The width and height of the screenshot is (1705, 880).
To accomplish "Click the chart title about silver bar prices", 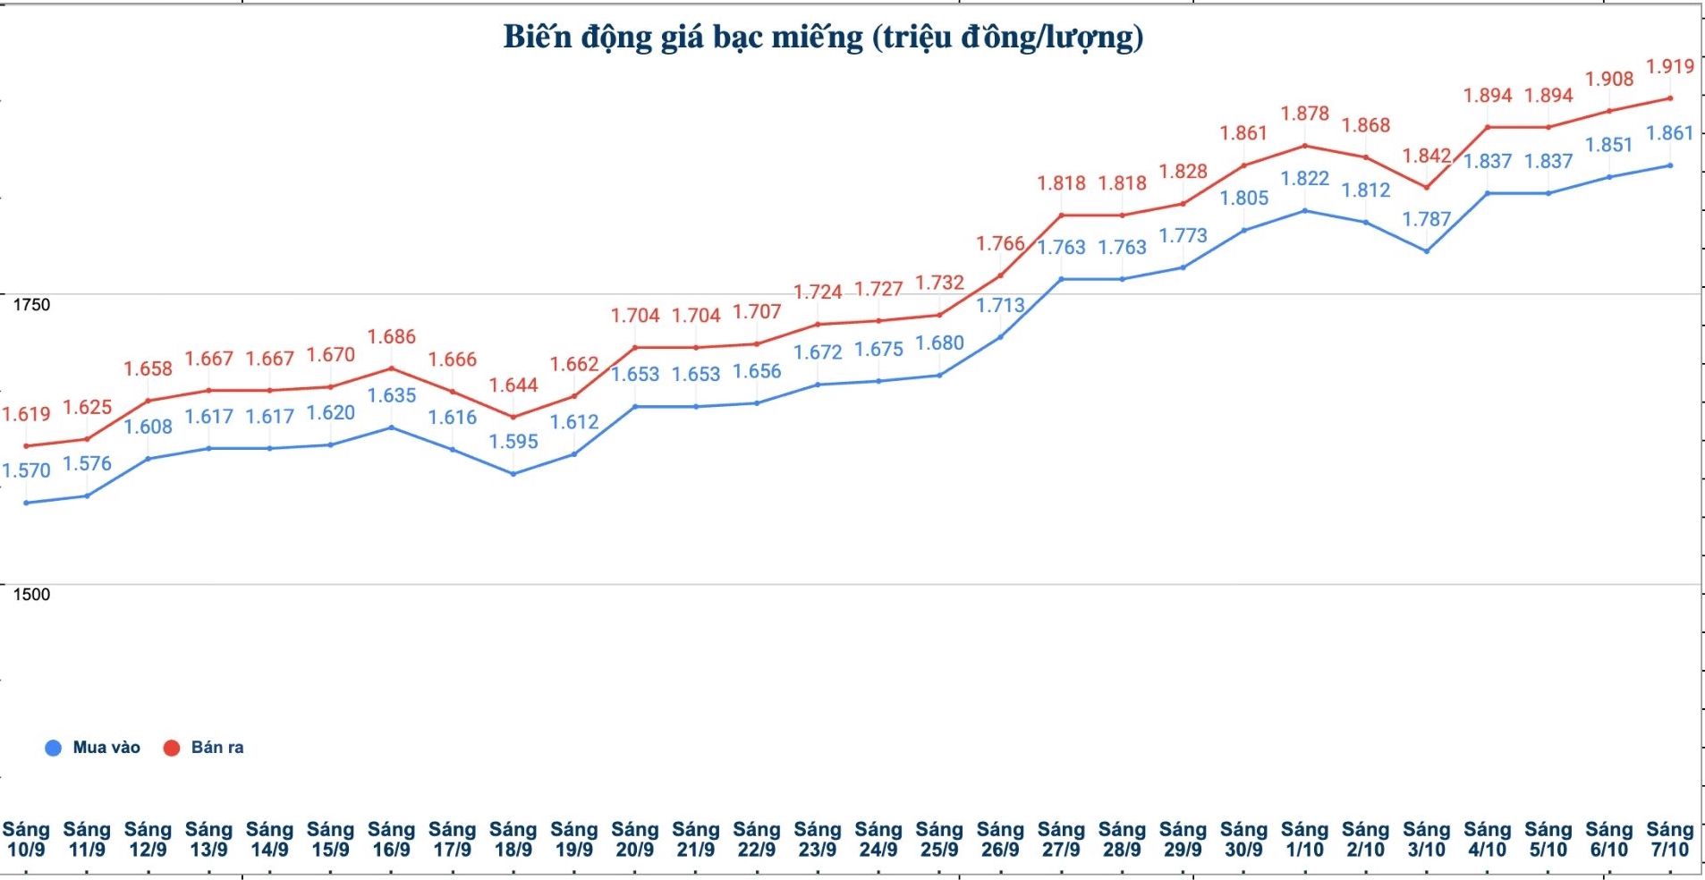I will pos(823,37).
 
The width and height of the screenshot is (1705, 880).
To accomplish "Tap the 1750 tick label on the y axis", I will pos(31,305).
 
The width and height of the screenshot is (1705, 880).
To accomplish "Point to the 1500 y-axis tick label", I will pos(31,595).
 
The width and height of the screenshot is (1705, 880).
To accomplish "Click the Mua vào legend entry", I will pos(93,748).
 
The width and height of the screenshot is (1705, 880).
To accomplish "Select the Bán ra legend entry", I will pos(204,748).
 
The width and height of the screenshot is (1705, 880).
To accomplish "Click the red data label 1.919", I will pos(1670,66).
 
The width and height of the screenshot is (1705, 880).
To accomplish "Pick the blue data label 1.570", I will pos(26,470).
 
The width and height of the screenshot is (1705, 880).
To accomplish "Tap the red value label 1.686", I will pos(392,337).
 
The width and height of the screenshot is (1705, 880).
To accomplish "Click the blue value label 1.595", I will pos(513,442).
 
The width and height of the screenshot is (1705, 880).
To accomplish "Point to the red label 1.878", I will pos(1305,114).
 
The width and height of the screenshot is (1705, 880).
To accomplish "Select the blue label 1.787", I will pos(1427,219).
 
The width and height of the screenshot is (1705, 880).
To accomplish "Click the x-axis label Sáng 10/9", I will pos(26,840).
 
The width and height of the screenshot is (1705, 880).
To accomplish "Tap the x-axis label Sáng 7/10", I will pos(1669,840).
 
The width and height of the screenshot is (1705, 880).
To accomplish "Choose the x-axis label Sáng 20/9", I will pos(635,840).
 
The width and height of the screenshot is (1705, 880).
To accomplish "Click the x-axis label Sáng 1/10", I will pos(1304,840).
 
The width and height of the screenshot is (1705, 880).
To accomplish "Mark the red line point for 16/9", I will pos(392,368).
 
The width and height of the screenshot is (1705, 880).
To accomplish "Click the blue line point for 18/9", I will pos(513,473).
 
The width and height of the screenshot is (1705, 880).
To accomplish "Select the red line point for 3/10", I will pos(1427,188).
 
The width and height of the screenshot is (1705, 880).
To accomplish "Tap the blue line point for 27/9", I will pos(1062,279).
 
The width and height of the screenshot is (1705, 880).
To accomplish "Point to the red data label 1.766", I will pos(1000,243).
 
